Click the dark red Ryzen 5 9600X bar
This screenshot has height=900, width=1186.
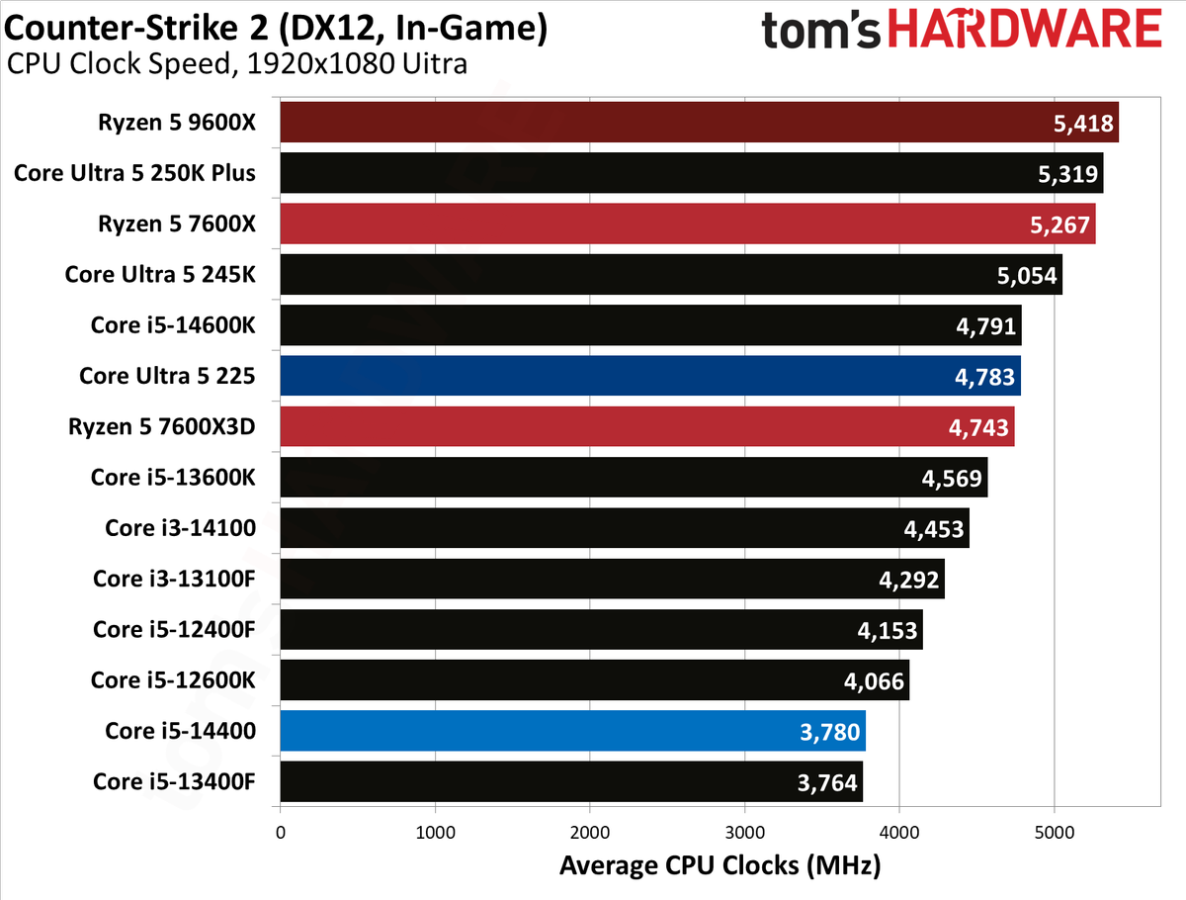(x=699, y=123)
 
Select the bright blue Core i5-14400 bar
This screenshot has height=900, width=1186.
(x=572, y=731)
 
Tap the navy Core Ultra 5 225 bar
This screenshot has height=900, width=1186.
(x=650, y=376)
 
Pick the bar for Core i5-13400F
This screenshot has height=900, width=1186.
(x=571, y=781)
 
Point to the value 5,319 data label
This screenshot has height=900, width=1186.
(x=1067, y=174)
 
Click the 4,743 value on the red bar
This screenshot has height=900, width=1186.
(x=978, y=428)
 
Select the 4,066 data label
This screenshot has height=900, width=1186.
(x=874, y=681)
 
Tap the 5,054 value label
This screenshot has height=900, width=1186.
(x=1027, y=276)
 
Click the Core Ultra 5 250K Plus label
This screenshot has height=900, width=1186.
(x=134, y=173)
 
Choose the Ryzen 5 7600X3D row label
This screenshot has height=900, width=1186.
(x=161, y=426)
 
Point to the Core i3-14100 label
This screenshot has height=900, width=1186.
(x=181, y=528)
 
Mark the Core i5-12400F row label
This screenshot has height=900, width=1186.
(x=174, y=630)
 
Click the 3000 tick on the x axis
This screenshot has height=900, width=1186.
(x=744, y=833)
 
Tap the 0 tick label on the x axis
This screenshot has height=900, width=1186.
(x=281, y=833)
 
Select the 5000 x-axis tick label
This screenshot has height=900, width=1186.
(x=1055, y=833)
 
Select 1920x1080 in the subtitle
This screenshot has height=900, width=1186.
(x=320, y=63)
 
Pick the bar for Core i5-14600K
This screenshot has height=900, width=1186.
(x=651, y=324)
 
